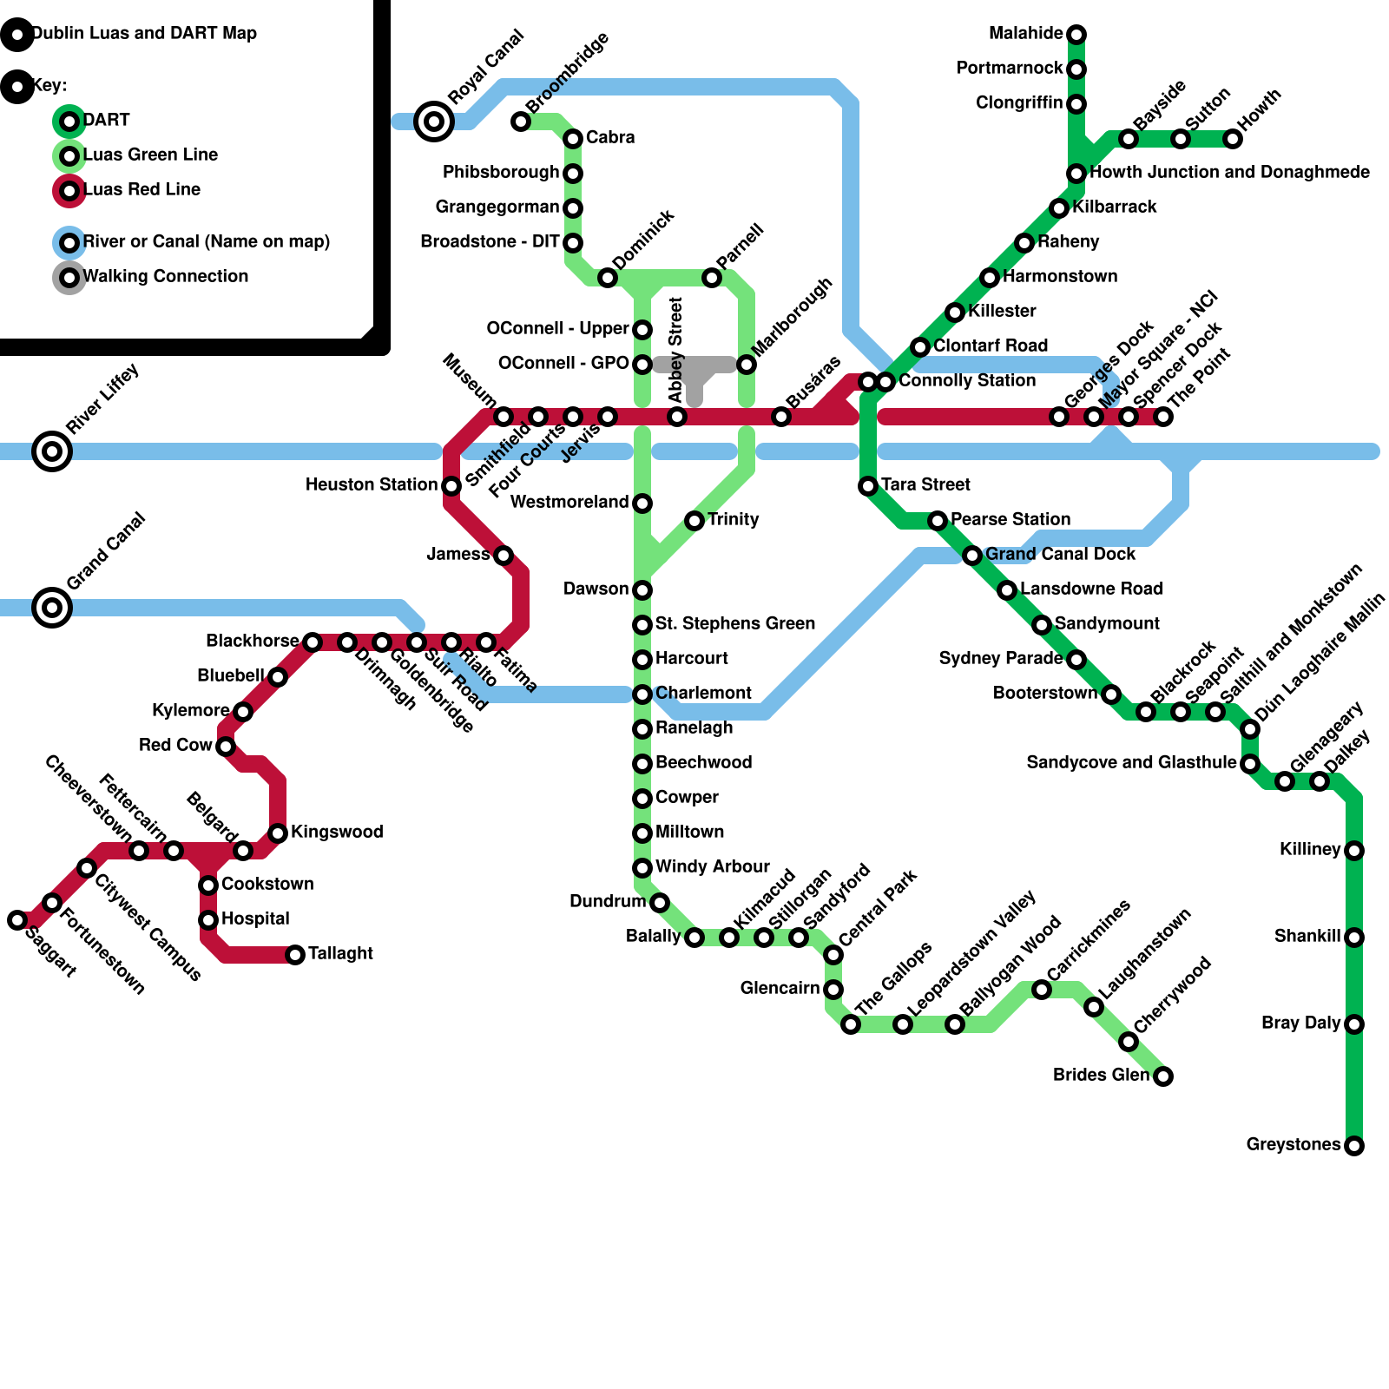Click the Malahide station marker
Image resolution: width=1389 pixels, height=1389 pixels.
(1076, 35)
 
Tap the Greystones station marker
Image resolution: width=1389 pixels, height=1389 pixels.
(1354, 1146)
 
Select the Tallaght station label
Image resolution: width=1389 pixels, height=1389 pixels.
(340, 953)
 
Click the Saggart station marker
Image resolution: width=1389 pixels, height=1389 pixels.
(17, 920)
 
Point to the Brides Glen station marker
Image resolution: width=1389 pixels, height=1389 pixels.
(1163, 1076)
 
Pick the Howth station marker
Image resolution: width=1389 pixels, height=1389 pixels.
(1233, 139)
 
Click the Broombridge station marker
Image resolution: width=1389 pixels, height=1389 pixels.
(521, 122)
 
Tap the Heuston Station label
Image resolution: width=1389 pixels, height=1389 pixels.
(371, 484)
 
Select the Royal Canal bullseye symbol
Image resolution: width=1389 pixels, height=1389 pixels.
(434, 122)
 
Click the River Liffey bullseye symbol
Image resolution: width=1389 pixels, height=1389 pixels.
(52, 451)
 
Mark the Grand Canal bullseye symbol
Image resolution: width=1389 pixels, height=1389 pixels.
(52, 608)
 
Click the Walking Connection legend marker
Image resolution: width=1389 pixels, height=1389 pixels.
(69, 278)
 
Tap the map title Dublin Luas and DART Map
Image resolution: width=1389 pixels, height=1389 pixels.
(144, 33)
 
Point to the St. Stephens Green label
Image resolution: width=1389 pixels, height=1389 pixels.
(734, 623)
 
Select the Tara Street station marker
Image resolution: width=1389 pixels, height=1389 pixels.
(868, 486)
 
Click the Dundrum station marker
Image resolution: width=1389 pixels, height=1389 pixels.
(660, 903)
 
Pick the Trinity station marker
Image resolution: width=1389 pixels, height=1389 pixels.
(694, 521)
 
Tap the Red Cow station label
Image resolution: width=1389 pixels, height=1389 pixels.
(175, 745)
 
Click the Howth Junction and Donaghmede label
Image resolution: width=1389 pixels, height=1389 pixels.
(1229, 172)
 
